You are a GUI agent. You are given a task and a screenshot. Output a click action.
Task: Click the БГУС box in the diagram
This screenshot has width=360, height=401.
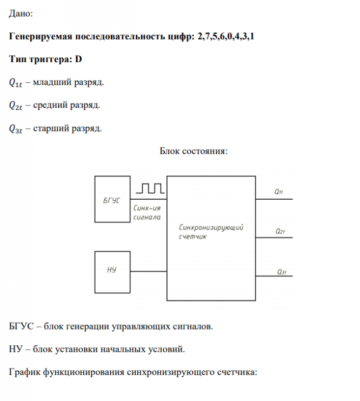pos(112,199)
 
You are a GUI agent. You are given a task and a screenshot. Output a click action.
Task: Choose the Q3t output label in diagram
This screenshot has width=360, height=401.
pos(280,271)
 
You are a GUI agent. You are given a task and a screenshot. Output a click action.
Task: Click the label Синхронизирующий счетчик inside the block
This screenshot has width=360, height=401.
pos(211,232)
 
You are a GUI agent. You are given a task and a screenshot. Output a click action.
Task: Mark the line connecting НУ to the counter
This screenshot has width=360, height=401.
pos(148,271)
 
